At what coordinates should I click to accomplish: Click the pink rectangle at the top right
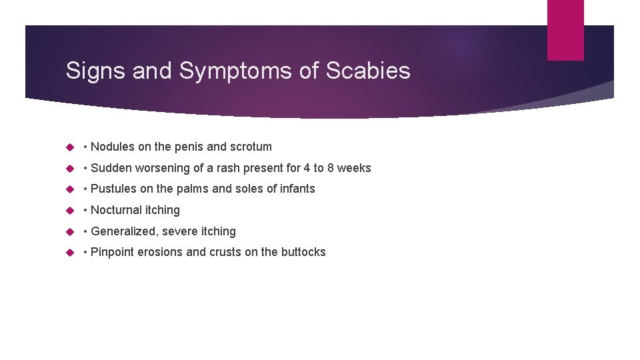pos(565,30)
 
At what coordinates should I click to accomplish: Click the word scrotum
pos(251,147)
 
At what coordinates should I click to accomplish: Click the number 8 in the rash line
pos(331,168)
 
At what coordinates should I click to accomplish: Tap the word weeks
pos(355,168)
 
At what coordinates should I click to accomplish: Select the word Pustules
pos(114,189)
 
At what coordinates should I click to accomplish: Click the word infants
pos(297,189)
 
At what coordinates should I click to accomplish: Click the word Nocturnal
pos(117,210)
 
